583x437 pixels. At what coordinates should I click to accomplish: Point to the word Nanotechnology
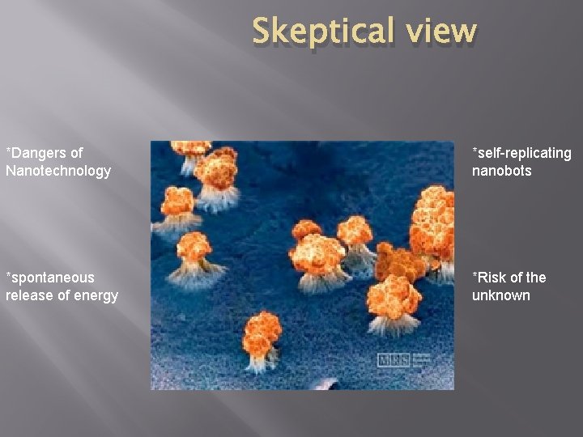click(x=58, y=171)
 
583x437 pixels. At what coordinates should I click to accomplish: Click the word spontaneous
click(x=52, y=278)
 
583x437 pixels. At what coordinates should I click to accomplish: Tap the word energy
click(x=96, y=296)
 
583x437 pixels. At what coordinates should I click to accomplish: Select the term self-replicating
click(x=524, y=153)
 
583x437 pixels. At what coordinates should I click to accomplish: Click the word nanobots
click(x=502, y=171)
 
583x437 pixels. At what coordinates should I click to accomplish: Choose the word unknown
click(x=501, y=295)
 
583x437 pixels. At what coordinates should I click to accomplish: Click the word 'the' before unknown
click(x=535, y=278)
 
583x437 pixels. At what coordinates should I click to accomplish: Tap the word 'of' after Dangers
click(x=76, y=153)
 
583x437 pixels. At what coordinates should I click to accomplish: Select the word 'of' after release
click(x=62, y=295)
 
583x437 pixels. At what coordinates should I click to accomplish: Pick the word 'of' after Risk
click(x=516, y=278)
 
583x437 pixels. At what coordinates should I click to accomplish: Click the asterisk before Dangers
click(x=8, y=152)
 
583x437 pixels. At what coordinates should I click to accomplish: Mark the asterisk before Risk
click(x=475, y=277)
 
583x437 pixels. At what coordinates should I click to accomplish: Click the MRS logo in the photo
click(x=394, y=359)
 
